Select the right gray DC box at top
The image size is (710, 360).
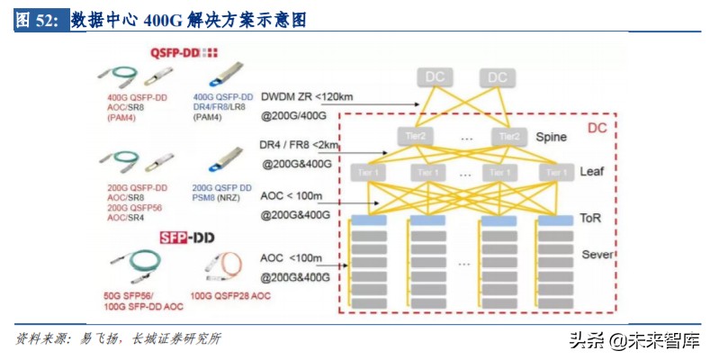(497, 77)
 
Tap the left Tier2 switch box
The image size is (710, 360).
(417, 137)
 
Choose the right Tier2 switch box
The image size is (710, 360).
(509, 137)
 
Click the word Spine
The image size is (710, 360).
(551, 138)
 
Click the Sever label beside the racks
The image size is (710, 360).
(597, 255)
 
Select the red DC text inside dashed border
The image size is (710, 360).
(597, 129)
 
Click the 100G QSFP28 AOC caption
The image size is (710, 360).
(231, 295)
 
